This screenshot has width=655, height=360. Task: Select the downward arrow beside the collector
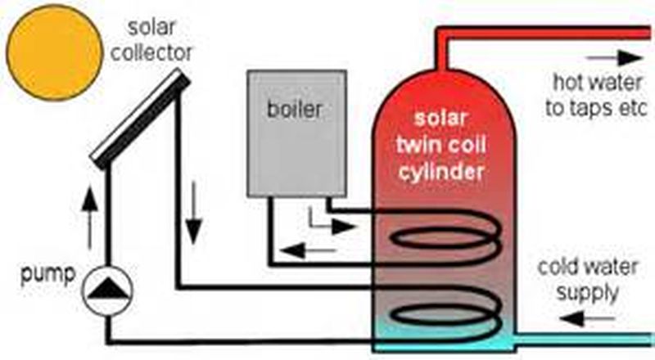(193, 215)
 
